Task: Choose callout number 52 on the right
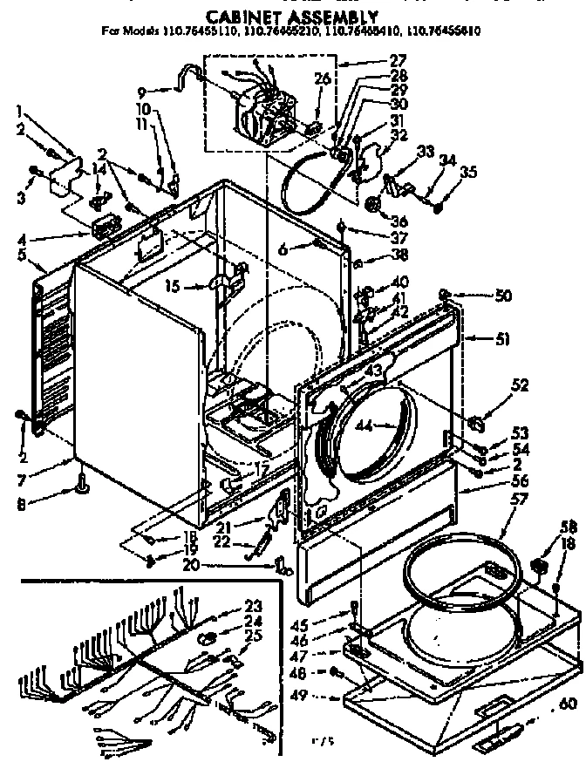pyautogui.click(x=495, y=385)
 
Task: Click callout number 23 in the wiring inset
pyautogui.click(x=253, y=606)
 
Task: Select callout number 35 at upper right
pyautogui.click(x=468, y=172)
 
